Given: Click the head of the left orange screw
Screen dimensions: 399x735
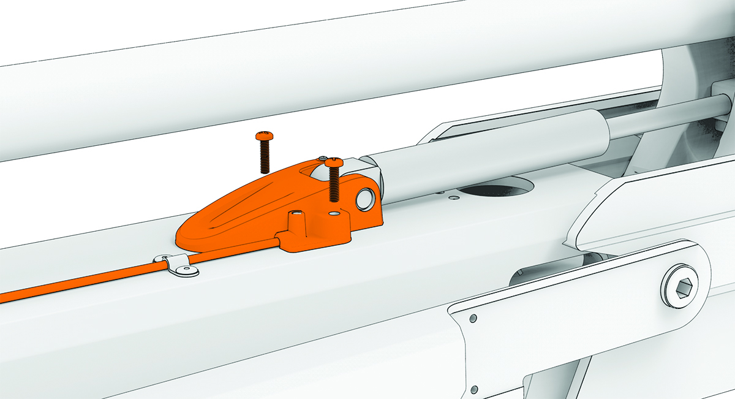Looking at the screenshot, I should (264, 135).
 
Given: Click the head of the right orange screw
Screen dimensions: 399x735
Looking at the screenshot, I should (334, 162).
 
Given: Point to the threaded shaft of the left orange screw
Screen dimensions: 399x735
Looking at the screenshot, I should (264, 156).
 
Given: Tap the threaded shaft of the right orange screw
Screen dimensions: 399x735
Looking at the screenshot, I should (334, 184).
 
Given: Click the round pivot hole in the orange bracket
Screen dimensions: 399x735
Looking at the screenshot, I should (366, 197).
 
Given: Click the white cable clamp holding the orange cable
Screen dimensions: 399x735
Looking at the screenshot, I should (177, 265).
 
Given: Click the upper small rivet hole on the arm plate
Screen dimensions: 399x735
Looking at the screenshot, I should (473, 319).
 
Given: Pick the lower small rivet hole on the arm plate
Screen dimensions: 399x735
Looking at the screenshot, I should (475, 389).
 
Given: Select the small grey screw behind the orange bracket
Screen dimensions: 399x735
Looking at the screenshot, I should (322, 159).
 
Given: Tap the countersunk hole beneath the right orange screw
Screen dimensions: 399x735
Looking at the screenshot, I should (334, 215).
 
